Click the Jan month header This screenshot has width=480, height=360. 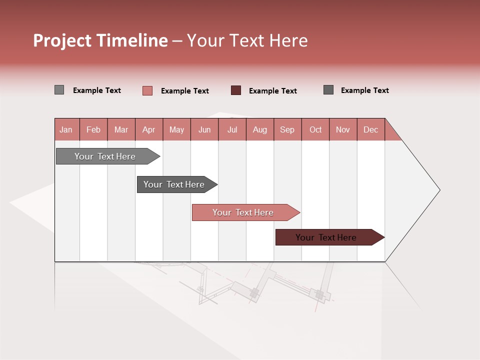(x=66, y=129)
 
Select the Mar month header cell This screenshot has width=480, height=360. (x=121, y=129)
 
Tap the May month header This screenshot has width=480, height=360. (x=176, y=129)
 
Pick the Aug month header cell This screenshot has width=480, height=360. (x=259, y=129)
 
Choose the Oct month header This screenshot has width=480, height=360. (x=315, y=129)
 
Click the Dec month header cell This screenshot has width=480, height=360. (x=370, y=129)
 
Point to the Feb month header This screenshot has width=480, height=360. (x=93, y=129)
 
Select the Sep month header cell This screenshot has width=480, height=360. (x=287, y=129)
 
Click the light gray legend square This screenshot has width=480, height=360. (x=59, y=90)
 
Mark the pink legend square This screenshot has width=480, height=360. (x=147, y=90)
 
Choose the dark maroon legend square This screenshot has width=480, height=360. (x=236, y=90)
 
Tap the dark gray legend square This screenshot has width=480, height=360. (x=328, y=90)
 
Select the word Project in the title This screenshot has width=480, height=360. (x=62, y=40)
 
